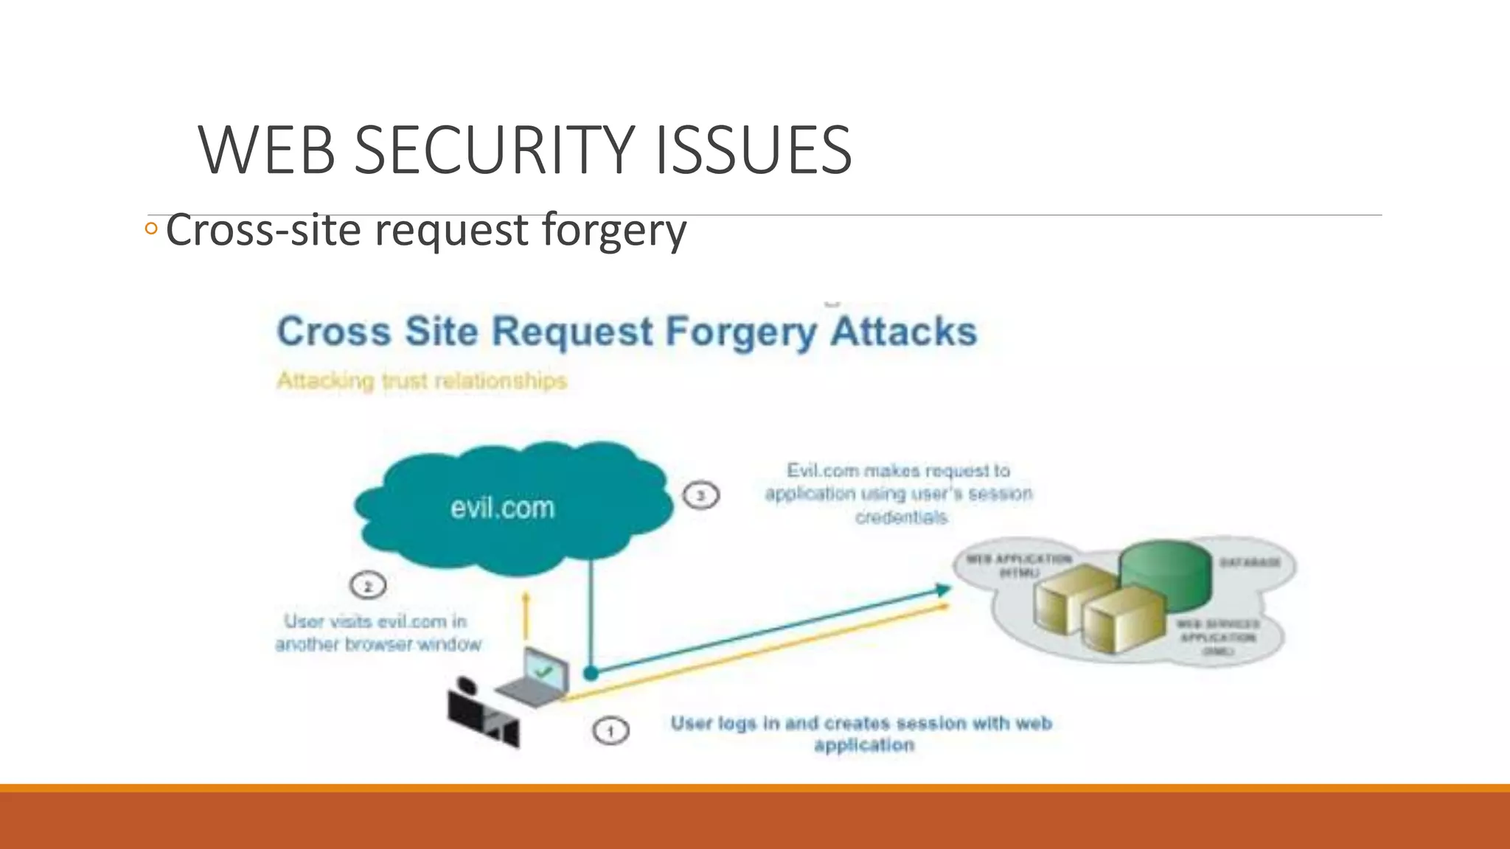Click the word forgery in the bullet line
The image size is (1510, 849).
[x=613, y=230]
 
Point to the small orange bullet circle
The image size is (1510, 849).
[x=151, y=228]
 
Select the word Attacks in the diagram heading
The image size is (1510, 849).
[x=903, y=331]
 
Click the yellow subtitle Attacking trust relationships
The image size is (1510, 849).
[x=422, y=381]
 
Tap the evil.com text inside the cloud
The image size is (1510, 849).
[x=502, y=508]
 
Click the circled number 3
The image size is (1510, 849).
[x=700, y=495]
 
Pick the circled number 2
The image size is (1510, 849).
[x=368, y=587]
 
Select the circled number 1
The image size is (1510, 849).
[x=610, y=732]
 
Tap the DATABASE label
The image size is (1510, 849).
[x=1250, y=562]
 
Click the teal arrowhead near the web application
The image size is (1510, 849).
[x=942, y=590]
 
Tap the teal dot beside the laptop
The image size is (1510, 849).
[x=591, y=673]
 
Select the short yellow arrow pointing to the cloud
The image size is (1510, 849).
[x=526, y=615]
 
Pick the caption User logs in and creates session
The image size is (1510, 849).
[x=861, y=733]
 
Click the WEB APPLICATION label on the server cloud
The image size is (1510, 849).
[x=1019, y=565]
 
